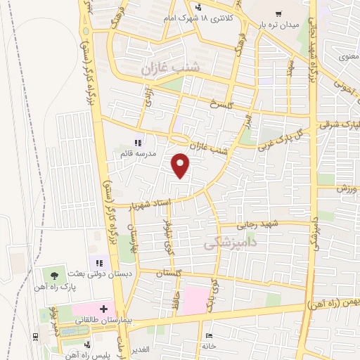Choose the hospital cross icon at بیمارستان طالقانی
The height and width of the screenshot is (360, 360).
[103, 308]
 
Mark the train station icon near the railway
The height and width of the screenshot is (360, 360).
[37, 336]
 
